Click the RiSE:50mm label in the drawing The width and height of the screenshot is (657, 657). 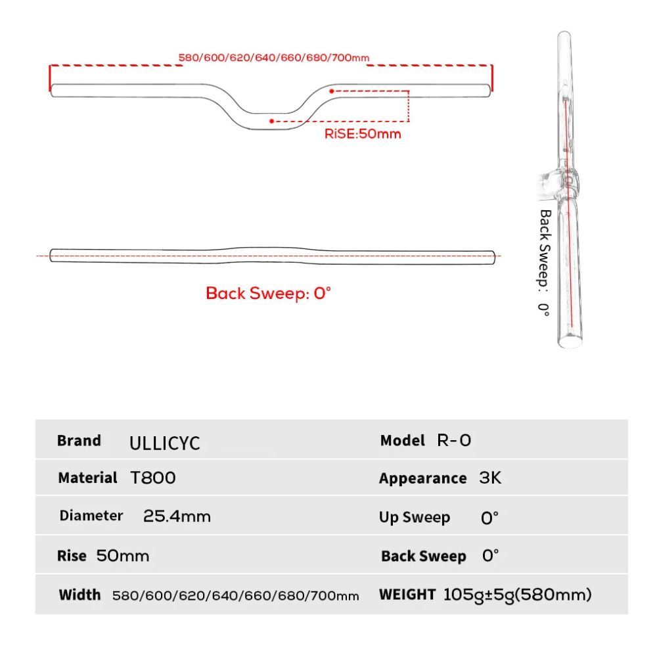point(363,134)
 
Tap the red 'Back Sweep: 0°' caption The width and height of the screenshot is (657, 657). point(268,293)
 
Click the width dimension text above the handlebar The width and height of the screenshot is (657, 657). point(274,58)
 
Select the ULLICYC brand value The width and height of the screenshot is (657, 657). point(164,442)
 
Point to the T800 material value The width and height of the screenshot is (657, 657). point(153,478)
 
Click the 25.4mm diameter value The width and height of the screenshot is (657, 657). point(177,516)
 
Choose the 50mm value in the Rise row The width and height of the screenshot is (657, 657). point(123,556)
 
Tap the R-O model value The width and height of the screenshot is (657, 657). point(454,440)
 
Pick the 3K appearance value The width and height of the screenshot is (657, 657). point(490,478)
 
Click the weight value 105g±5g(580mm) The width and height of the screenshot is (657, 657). point(518,595)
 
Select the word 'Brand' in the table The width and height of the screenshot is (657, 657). point(79,440)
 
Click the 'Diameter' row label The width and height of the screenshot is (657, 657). point(91,516)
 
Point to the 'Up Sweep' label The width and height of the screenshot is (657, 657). point(415,517)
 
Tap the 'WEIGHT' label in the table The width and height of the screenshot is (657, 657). point(407,595)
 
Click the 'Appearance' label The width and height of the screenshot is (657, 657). point(422,478)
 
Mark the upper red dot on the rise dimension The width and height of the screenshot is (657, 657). point(332,91)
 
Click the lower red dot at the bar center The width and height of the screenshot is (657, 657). point(271,121)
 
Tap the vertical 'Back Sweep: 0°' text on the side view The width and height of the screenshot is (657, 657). point(544,263)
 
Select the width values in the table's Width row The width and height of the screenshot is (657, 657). point(236,596)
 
